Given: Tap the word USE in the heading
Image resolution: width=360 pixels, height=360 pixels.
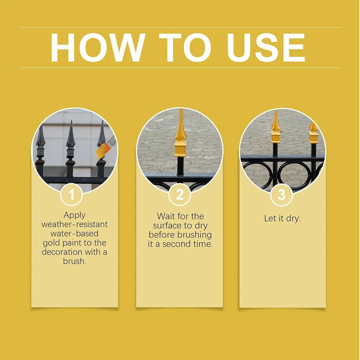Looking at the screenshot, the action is click(x=266, y=48).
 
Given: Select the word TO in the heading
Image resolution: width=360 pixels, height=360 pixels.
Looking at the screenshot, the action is click(x=185, y=48).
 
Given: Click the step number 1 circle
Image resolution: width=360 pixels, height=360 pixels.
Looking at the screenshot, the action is click(x=71, y=195).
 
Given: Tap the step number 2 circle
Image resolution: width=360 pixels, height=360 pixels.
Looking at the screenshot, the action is click(x=180, y=195).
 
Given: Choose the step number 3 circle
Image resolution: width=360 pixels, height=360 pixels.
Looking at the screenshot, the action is click(x=282, y=195).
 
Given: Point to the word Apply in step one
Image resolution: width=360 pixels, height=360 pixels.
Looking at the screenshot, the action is click(x=75, y=215).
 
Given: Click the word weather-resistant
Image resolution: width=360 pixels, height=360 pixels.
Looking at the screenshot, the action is click(x=75, y=224).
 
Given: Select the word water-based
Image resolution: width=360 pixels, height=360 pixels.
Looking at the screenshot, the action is click(x=75, y=234).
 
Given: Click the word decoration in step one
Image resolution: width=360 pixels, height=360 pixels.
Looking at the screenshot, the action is click(x=62, y=252).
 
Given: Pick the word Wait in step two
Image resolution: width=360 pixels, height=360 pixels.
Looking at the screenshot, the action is click(x=165, y=216).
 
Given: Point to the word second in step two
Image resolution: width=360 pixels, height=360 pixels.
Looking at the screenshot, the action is click(x=176, y=244).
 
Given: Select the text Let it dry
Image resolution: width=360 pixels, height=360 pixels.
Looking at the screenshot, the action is click(x=282, y=219).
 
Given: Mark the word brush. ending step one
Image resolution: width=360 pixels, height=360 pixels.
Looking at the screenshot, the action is click(x=75, y=261).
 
